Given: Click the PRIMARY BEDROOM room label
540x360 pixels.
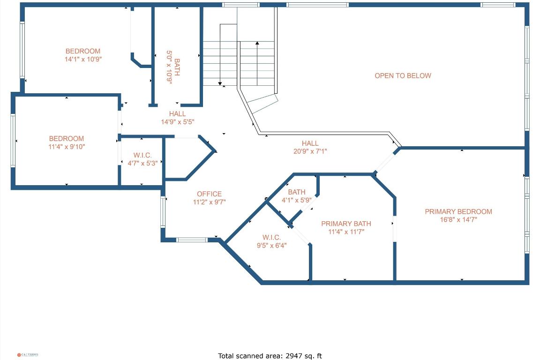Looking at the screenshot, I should pos(458,211).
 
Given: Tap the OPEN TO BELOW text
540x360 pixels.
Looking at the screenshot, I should pos(403,75).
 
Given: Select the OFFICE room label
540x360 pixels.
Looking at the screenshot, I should pos(209,194).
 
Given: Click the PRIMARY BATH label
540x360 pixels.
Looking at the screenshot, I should pos(346,224).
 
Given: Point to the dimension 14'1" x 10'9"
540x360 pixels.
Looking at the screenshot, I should pos(83,60).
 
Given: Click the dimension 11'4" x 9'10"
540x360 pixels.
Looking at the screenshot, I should pos(67,147).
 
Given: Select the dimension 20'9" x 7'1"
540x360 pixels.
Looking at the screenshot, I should pos(310,151).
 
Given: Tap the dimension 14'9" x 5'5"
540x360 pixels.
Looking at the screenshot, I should pos(177,122).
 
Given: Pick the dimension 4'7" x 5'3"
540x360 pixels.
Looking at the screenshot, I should pos(142,163).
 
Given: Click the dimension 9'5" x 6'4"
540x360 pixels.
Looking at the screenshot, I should pos(271,245).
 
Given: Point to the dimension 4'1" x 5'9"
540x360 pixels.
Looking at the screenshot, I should pos(296,200).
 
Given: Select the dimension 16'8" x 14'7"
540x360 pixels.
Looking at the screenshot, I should pos(458,219).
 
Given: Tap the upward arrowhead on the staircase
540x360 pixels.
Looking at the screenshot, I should pos(257,43).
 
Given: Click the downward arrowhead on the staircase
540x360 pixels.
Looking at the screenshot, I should pos(220,83).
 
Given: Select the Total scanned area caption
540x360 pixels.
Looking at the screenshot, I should pos(270,356).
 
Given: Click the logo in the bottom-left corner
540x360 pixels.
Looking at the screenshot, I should pos(28,355).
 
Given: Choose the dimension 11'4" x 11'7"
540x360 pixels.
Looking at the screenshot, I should pos(346,232).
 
